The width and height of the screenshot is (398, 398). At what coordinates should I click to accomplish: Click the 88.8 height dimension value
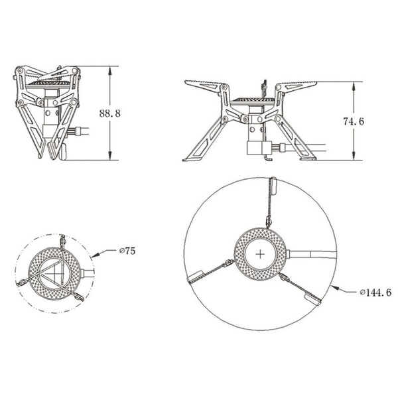pyautogui.click(x=109, y=113)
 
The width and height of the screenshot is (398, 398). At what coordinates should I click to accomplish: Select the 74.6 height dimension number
pyautogui.click(x=355, y=121)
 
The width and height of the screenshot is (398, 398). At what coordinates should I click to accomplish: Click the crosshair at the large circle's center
pyautogui.click(x=261, y=253)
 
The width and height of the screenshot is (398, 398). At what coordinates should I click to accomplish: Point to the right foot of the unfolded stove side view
pyautogui.click(x=308, y=157)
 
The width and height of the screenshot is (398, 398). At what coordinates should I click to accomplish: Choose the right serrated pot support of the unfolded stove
pyautogui.click(x=296, y=86)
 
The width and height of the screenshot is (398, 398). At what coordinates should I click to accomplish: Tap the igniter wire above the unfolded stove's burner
pyautogui.click(x=264, y=87)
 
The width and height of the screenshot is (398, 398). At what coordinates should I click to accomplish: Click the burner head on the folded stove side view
pyautogui.click(x=47, y=85)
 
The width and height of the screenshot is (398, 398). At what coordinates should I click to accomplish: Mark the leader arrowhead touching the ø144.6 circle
pyautogui.click(x=336, y=287)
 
